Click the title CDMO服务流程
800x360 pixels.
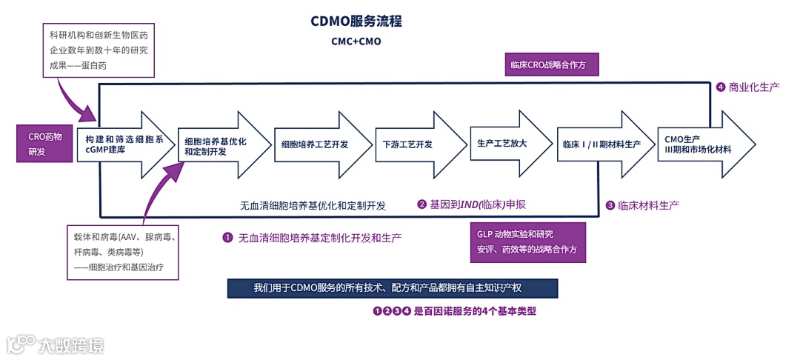pos(356,21)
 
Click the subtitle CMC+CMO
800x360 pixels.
pos(356,41)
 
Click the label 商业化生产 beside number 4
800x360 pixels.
pos(754,87)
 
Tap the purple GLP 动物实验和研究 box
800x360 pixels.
pos(527,241)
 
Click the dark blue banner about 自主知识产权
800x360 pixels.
pos(392,288)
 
